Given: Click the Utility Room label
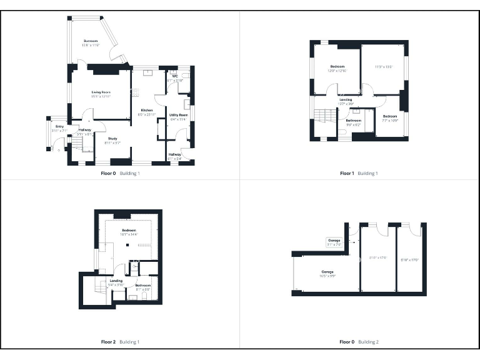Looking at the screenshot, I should coord(178,117).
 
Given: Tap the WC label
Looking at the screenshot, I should coord(175,79).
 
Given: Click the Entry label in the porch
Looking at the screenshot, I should coord(59,128).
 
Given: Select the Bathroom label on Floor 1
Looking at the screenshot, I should coord(354,122).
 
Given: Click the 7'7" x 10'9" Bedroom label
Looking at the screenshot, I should coord(390,117).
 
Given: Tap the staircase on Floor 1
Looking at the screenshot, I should coord(322,116).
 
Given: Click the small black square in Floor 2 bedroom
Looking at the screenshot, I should coord(127,245).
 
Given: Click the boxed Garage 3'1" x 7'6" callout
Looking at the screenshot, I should coord(334,242).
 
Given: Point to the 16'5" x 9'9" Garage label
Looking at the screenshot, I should coord(327,274).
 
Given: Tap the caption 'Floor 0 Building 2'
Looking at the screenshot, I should coord(359,342).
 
